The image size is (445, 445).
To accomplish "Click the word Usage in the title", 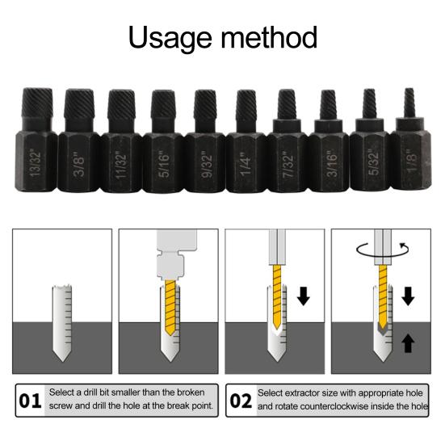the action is pos(170,38).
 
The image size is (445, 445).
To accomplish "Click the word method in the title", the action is pos(269,37).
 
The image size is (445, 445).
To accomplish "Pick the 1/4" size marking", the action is pos(246,165).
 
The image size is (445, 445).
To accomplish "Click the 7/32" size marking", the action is pos(288,166).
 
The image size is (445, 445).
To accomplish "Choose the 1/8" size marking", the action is pos(411,161).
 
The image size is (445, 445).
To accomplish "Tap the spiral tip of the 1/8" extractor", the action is pos(409,103).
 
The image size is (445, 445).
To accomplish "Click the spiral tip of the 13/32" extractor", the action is pos(37,103).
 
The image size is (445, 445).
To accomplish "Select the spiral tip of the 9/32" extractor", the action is pos(205,104).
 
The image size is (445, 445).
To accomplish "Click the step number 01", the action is pos(30,401).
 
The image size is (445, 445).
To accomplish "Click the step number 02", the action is pos(241,401).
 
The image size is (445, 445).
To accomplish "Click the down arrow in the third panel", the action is pos(304,296).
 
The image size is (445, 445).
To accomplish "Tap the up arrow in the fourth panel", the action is pos(408,343).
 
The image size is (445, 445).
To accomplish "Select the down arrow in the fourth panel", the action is pos(408,296).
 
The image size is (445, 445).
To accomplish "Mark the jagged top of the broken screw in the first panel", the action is pos(62,288).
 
